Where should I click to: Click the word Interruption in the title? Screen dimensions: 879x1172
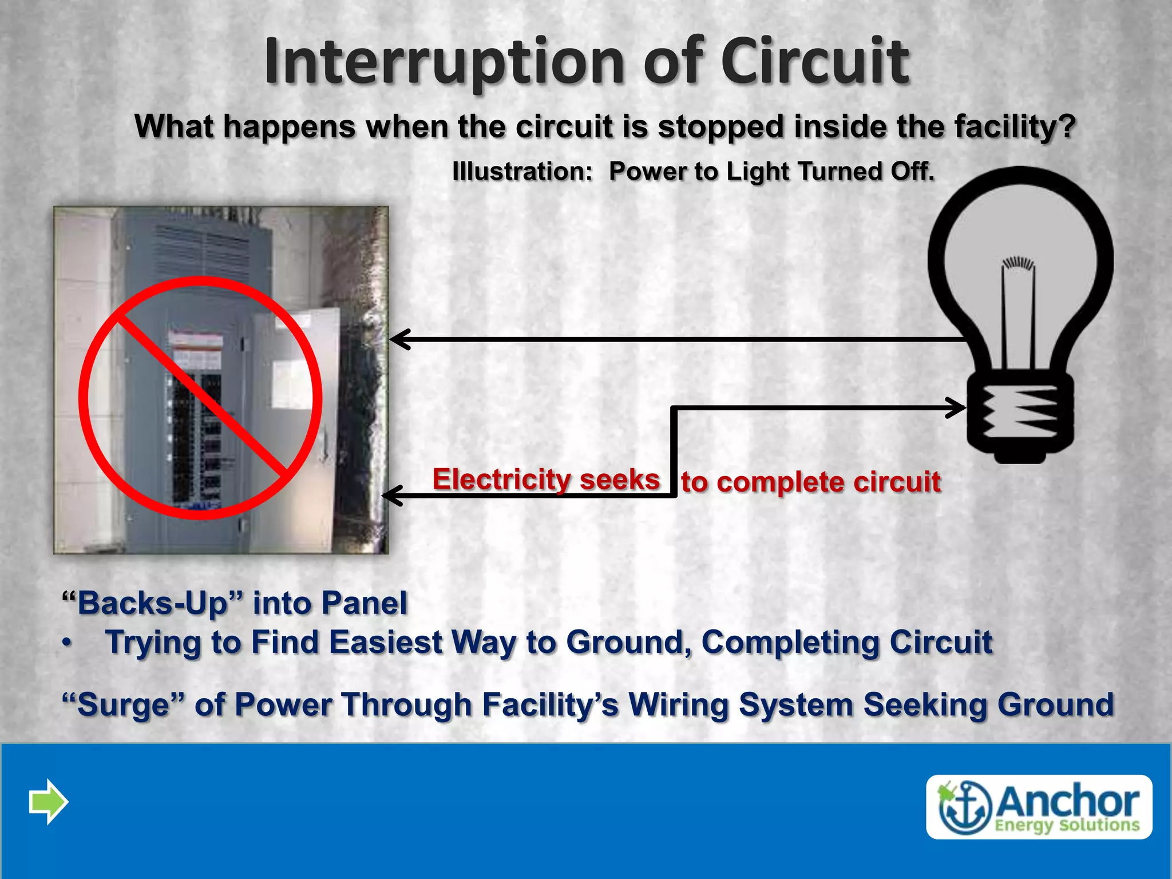[x=444, y=62]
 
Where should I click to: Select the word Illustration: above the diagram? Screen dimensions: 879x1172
[x=522, y=171]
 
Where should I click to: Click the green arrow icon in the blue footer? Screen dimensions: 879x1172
[x=49, y=801]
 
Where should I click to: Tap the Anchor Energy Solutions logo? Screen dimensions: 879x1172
[x=1039, y=807]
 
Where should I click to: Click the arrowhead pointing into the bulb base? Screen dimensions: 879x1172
[x=956, y=408]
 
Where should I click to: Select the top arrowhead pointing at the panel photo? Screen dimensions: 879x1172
[x=401, y=339]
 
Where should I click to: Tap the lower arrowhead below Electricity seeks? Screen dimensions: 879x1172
[x=393, y=496]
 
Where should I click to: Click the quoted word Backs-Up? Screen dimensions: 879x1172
[x=152, y=603]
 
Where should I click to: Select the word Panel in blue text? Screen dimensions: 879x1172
[x=364, y=603]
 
